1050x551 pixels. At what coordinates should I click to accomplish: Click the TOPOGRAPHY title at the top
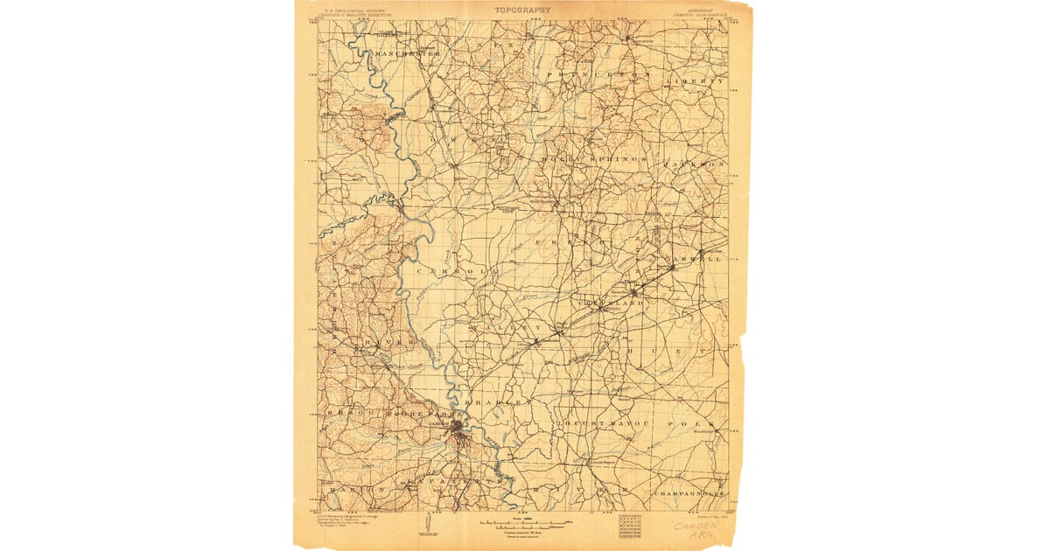[522, 10]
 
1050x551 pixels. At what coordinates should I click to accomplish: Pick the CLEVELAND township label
[610, 303]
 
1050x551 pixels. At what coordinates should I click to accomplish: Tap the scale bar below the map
[525, 525]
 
